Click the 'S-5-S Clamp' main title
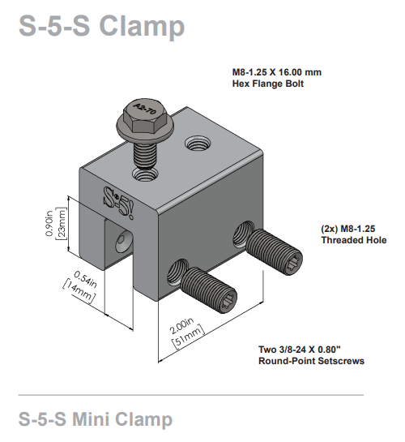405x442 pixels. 101,26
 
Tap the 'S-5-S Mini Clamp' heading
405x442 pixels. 96,419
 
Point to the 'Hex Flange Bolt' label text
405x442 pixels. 267,84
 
